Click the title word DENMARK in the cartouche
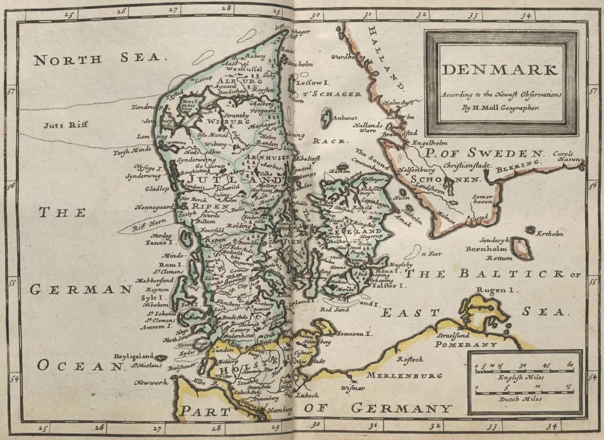point(500,70)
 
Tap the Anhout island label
point(346,118)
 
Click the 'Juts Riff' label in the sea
point(60,126)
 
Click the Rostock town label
point(409,360)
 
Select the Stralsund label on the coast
point(454,336)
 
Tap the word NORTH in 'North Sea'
point(68,60)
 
